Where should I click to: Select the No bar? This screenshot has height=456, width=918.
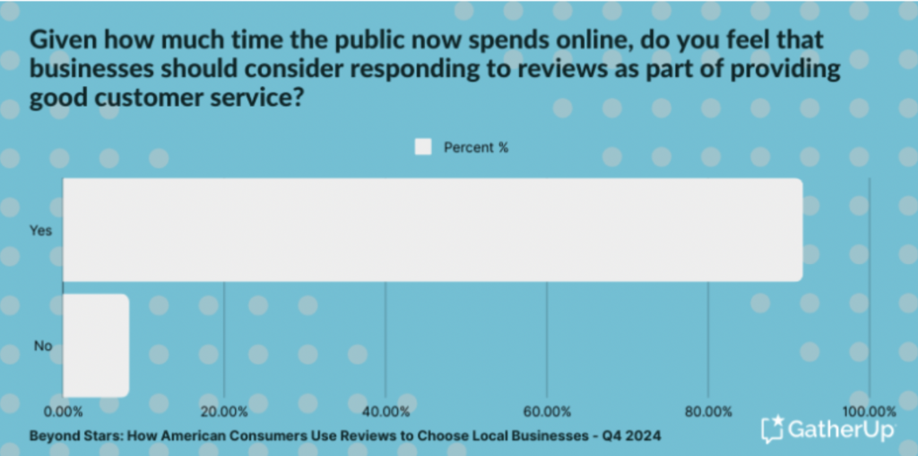(x=96, y=346)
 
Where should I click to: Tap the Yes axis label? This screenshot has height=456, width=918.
(x=41, y=230)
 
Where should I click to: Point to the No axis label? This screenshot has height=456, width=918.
(x=43, y=346)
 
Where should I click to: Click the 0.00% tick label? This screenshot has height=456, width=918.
(x=62, y=412)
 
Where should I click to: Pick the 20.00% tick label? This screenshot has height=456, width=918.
(x=223, y=412)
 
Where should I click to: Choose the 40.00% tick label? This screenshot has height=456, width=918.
(x=385, y=412)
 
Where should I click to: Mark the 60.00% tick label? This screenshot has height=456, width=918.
(x=547, y=412)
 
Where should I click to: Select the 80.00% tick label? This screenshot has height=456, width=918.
(x=708, y=412)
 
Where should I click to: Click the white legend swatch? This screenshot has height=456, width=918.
(x=423, y=147)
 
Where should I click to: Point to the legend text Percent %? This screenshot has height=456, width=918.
(x=476, y=147)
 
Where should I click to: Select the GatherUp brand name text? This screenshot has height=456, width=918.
(x=840, y=430)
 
